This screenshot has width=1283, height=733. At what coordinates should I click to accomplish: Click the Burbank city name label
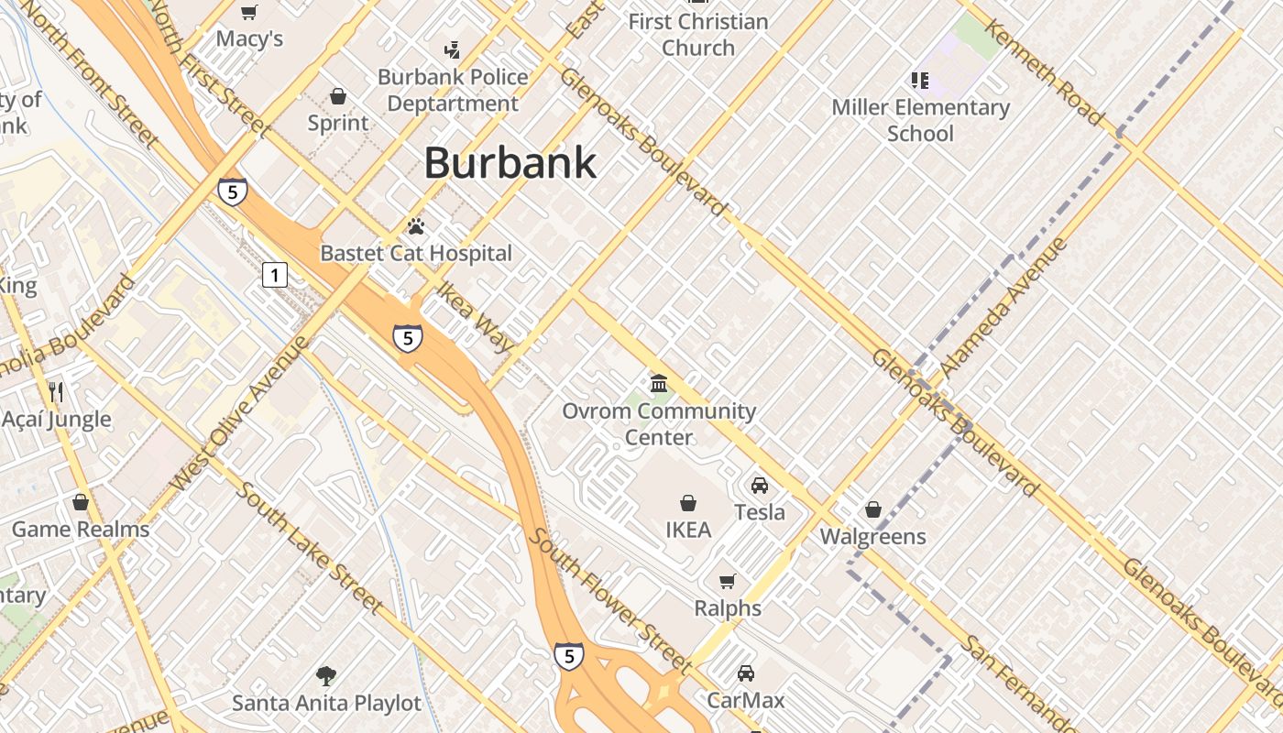click(510, 163)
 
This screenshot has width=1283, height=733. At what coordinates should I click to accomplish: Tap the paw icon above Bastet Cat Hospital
click(416, 225)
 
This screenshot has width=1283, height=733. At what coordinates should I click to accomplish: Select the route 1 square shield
click(275, 274)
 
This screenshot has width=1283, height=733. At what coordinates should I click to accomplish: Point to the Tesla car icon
click(760, 486)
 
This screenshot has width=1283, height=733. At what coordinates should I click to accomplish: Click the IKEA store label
click(688, 530)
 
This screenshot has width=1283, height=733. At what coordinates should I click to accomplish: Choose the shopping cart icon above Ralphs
click(728, 581)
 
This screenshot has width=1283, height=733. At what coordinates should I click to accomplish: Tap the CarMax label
click(746, 701)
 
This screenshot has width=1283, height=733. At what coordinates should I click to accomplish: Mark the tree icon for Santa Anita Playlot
click(325, 676)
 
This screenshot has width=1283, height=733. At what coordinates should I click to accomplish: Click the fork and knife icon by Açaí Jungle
click(56, 392)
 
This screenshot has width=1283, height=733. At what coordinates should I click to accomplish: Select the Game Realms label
click(81, 530)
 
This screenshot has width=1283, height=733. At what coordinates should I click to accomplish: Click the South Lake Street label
click(309, 546)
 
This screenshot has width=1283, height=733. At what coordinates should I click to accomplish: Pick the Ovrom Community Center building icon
click(659, 383)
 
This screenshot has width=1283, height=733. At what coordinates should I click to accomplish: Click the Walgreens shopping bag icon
click(873, 509)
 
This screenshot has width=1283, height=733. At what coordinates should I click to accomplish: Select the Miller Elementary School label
click(920, 120)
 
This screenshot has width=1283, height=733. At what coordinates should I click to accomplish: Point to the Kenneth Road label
click(1044, 71)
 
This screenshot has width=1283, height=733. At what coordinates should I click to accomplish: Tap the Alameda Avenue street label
click(1003, 307)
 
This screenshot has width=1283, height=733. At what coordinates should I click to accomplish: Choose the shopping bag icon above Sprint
click(338, 96)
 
